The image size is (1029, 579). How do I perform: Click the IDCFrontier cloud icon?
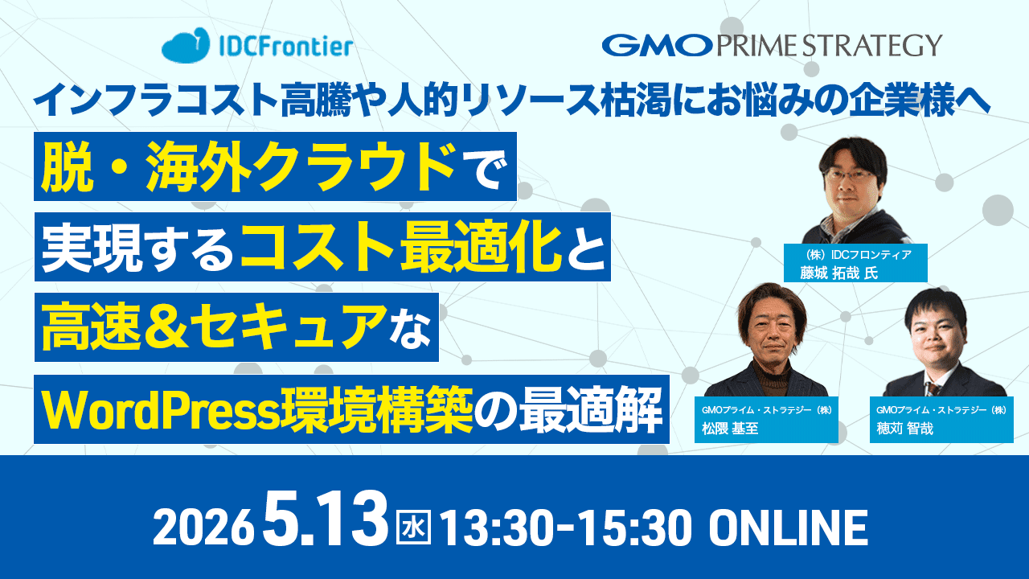tap(185, 45)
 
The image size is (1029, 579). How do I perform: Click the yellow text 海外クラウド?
tap(301, 166)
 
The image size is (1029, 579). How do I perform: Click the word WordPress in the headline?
tap(162, 410)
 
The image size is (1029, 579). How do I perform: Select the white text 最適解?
tap(591, 410)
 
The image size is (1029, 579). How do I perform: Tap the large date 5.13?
tap(326, 519)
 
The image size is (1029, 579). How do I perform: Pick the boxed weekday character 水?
tap(413, 528)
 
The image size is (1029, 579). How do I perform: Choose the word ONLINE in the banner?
tap(789, 528)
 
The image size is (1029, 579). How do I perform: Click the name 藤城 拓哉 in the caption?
tap(829, 273)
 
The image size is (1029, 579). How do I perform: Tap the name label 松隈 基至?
tap(730, 429)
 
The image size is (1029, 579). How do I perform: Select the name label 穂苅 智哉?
tap(905, 429)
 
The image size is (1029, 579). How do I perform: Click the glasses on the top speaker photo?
tap(851, 176)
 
